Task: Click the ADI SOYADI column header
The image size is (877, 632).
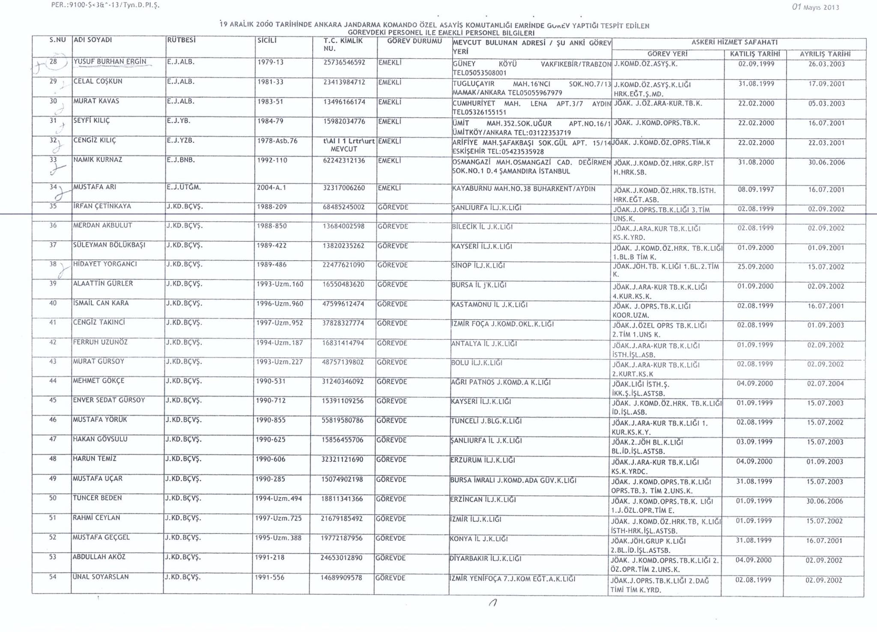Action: [x=93, y=40]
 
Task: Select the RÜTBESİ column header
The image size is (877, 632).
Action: [x=181, y=40]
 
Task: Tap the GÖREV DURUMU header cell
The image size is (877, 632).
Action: [x=414, y=42]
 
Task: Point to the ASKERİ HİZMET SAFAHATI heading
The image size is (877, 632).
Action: [x=734, y=42]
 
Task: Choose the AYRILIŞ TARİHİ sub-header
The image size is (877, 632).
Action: [x=825, y=54]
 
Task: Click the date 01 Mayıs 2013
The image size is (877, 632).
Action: [x=815, y=7]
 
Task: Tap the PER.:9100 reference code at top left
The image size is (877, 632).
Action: [x=105, y=6]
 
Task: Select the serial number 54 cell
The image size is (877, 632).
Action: [x=53, y=577]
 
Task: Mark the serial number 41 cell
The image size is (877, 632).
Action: [x=53, y=323]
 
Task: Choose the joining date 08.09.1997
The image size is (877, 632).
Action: [x=756, y=190]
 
